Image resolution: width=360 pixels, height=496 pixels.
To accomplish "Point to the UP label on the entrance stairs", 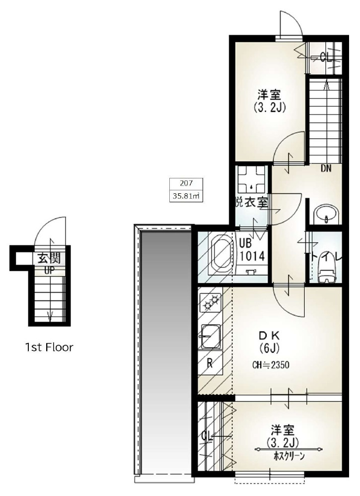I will (49, 270).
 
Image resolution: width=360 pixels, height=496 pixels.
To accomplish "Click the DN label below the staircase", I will (326, 168).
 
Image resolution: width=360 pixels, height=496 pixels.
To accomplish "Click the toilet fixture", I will (325, 273).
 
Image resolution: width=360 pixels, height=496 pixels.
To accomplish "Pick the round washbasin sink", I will (325, 214).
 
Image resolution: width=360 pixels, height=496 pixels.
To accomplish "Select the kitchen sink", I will (211, 336).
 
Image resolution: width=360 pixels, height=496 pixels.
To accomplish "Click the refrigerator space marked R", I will (210, 363).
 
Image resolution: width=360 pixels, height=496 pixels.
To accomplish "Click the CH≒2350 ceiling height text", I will (270, 365).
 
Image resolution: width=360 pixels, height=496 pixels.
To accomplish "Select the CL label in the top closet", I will (326, 57).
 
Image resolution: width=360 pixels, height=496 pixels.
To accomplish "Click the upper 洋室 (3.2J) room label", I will (266, 99).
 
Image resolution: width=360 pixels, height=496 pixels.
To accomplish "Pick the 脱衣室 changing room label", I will (252, 203).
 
